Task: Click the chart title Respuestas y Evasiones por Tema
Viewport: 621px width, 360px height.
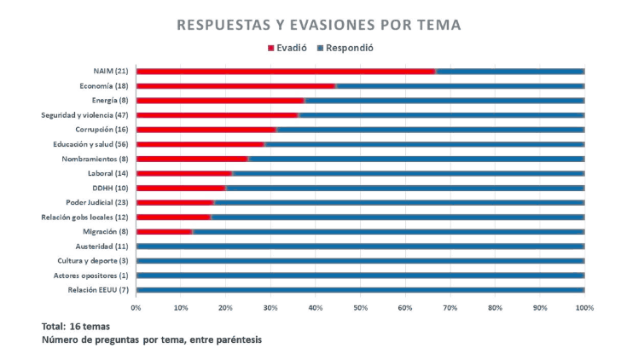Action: (319, 26)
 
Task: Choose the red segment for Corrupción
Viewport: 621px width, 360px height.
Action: (206, 130)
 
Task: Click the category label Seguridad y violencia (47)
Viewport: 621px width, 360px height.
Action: (85, 115)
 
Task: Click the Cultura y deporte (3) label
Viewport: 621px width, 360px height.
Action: (93, 261)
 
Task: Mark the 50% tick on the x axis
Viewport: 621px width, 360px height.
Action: (360, 307)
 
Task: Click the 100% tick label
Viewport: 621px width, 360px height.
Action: (584, 307)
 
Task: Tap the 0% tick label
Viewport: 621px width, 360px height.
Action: (136, 307)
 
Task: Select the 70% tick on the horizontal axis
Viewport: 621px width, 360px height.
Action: (450, 307)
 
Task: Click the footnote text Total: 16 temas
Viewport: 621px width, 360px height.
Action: (76, 327)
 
